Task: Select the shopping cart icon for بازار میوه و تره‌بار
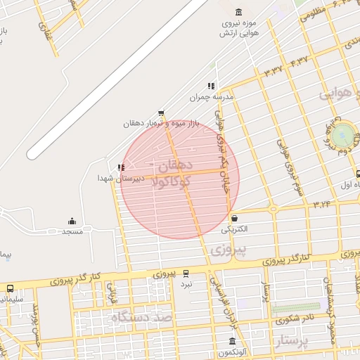point(161,112)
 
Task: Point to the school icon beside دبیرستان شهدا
point(121,167)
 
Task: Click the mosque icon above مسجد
point(72,221)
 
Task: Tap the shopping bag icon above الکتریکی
point(233,219)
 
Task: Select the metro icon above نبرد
point(186,274)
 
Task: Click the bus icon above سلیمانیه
point(11,288)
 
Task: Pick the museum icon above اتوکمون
point(232,342)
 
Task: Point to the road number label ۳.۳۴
point(322,205)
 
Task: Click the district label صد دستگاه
point(141,318)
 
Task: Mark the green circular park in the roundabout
point(344,134)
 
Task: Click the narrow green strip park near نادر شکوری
point(295,308)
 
